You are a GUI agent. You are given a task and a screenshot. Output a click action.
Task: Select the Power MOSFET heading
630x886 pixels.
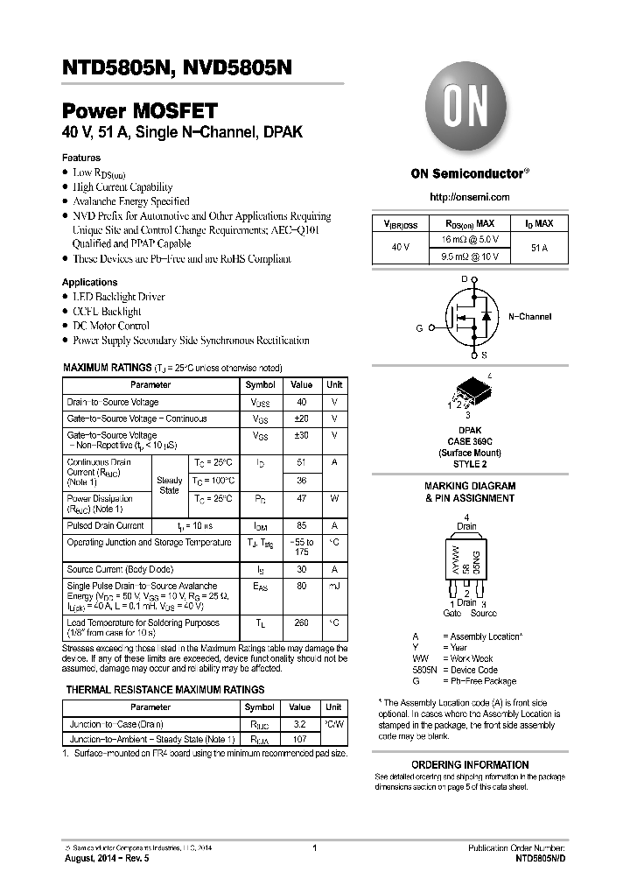(x=139, y=112)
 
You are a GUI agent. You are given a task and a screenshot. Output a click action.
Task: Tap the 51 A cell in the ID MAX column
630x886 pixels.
(x=539, y=249)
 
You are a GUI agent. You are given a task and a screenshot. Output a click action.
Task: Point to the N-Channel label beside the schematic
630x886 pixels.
(x=529, y=316)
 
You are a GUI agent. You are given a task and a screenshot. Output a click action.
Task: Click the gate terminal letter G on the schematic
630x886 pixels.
(x=420, y=328)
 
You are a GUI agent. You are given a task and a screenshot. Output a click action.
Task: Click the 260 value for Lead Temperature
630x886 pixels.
(x=301, y=623)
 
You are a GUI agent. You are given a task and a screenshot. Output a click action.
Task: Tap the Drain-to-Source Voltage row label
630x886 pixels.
(x=113, y=403)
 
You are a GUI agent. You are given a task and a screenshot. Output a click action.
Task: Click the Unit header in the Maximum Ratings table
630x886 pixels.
(x=334, y=385)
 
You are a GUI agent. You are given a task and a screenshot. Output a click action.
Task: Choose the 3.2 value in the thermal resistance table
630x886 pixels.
(x=300, y=725)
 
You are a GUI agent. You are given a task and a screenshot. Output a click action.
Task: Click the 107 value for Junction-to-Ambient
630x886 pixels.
(x=300, y=739)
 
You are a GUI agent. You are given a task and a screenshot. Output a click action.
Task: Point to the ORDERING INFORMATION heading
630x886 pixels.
(x=470, y=764)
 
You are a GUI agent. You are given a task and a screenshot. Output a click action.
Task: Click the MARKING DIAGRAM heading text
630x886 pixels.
(x=470, y=486)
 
